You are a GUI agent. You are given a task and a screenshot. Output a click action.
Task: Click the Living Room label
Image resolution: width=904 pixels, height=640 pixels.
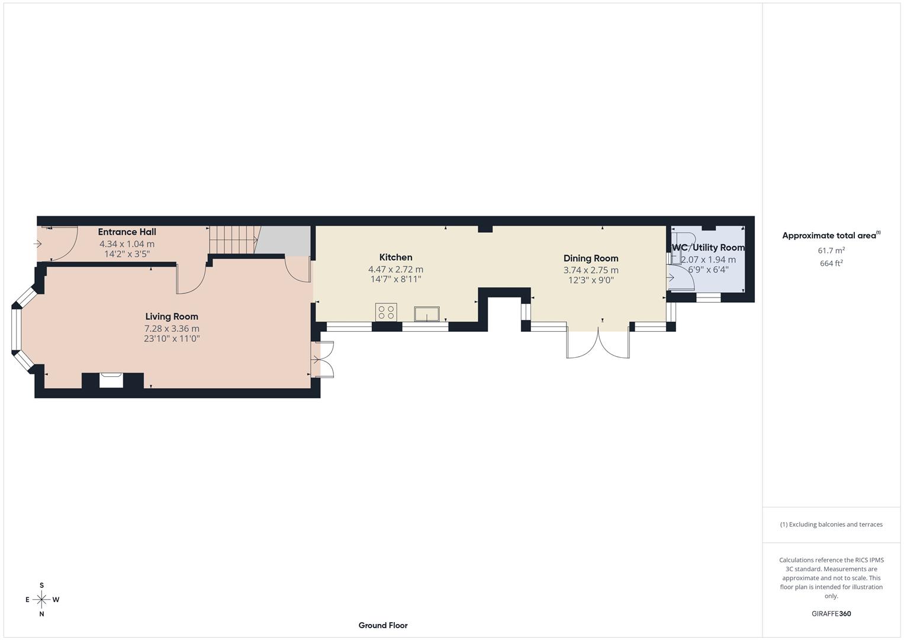[x=172, y=316]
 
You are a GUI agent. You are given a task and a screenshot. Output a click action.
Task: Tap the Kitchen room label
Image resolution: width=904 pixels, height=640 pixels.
[x=395, y=257]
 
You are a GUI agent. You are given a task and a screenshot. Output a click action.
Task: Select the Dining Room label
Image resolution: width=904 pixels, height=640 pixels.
[x=590, y=258]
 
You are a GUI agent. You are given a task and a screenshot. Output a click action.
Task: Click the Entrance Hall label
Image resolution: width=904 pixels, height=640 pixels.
[x=127, y=232]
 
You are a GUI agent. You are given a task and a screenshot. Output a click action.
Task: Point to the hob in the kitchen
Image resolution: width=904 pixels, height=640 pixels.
[x=386, y=312]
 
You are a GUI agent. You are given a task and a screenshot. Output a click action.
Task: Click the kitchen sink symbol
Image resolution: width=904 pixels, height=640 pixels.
[x=427, y=313]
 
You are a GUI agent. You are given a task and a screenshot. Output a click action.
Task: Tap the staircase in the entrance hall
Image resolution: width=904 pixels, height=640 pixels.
[x=233, y=239]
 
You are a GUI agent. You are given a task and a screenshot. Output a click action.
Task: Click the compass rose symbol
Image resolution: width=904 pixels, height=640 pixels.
[x=41, y=600]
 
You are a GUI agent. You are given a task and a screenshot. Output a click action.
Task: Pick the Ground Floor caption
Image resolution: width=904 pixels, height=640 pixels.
[x=383, y=625]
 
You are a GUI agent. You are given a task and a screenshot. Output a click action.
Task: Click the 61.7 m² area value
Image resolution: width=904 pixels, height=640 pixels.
[x=831, y=251]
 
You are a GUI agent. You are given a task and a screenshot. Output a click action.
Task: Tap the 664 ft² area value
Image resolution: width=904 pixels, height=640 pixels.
[x=831, y=264]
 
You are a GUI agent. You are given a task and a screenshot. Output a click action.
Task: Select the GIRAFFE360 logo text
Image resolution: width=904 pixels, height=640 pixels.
[x=831, y=614]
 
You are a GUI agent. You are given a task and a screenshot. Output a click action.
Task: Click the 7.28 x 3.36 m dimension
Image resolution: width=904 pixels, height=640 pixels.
[x=172, y=328]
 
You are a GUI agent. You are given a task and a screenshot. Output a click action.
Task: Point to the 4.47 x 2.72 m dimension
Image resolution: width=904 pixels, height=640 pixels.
[x=395, y=269]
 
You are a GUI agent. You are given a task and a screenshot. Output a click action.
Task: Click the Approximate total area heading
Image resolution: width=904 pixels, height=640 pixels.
[x=831, y=236]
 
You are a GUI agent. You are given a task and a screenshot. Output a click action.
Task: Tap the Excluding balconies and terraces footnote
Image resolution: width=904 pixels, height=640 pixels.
[x=831, y=524]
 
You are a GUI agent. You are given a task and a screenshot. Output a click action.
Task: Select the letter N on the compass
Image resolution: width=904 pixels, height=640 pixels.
[x=41, y=615]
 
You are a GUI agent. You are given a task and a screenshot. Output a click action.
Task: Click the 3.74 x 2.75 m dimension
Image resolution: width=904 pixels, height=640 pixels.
[x=590, y=270]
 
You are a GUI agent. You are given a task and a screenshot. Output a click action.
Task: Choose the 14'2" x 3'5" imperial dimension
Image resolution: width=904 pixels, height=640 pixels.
[x=127, y=254]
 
